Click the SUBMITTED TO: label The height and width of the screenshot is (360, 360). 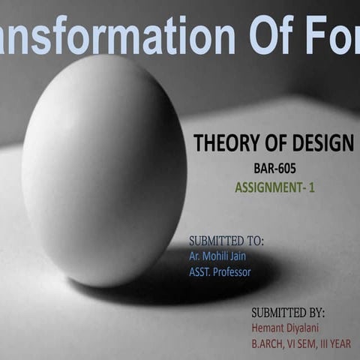pyautogui.click(x=226, y=241)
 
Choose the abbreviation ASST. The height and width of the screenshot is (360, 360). pyautogui.click(x=200, y=271)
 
